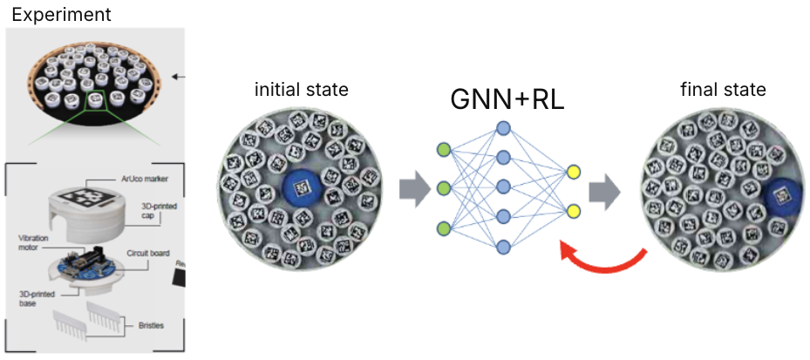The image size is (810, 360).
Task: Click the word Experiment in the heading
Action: pyautogui.click(x=61, y=15)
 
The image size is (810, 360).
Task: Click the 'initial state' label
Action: pyautogui.click(x=301, y=90)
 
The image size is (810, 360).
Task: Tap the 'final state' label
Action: pyautogui.click(x=723, y=90)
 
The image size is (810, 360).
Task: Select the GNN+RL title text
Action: pyautogui.click(x=507, y=99)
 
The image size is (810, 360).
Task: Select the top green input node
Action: pyautogui.click(x=443, y=148)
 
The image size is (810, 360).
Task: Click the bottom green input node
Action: pyautogui.click(x=443, y=228)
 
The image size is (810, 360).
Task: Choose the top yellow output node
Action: pyautogui.click(x=573, y=171)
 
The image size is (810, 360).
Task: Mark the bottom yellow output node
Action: pyautogui.click(x=573, y=210)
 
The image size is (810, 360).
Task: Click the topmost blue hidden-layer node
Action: pyautogui.click(x=503, y=128)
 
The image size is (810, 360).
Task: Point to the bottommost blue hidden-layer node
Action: pyautogui.click(x=503, y=248)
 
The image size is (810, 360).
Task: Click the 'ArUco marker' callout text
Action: pyautogui.click(x=142, y=179)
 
